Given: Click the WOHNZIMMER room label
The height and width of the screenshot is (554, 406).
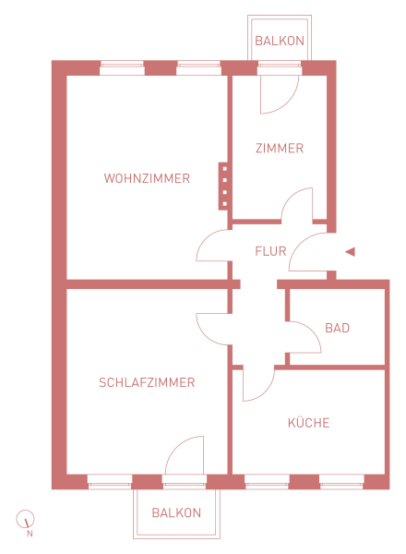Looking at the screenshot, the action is coord(147,178).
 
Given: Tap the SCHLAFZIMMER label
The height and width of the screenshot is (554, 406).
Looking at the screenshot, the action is coord(147,382).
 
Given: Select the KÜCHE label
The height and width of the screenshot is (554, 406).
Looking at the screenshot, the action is coord(308,422).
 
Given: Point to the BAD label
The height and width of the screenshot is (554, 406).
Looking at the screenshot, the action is coord(337,328).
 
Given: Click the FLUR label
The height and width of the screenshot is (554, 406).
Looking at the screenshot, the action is coord(270,251).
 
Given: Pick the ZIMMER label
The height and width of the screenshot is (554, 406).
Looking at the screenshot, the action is coord(280,149).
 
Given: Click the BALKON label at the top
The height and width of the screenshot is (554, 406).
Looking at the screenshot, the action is coord(280,41).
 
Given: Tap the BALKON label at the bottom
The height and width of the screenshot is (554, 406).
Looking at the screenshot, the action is coord(176,512).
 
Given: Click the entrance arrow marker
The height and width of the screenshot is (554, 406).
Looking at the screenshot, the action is coord(350,252).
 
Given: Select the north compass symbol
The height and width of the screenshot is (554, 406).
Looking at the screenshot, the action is coord(25,519).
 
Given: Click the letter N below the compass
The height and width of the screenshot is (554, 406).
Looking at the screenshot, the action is coord(30,534).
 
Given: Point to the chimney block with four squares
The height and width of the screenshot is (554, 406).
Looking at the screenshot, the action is coord(223,187).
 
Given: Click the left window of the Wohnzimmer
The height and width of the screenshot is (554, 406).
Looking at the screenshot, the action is coord(122,67).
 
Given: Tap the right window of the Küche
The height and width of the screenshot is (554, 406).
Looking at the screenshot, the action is coord(341,482).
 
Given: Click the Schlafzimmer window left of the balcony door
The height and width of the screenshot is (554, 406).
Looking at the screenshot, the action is coord(110,482).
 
